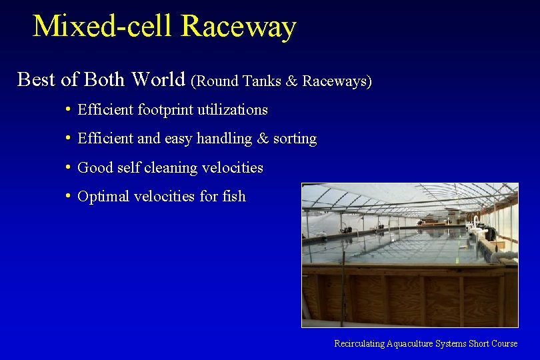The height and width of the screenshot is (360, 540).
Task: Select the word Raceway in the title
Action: click(238, 27)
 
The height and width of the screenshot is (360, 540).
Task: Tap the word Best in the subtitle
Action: click(36, 79)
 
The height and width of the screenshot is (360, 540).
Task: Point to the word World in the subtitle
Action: click(159, 79)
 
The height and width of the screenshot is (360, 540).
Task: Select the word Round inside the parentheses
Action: click(217, 81)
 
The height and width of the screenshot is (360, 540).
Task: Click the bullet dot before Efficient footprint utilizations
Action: click(69, 109)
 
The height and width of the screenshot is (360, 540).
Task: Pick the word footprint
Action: click(161, 109)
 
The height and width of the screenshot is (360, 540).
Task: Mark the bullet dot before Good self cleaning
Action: click(69, 167)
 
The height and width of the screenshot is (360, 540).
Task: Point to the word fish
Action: click(233, 196)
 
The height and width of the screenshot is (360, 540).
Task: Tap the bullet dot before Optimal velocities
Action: click(69, 195)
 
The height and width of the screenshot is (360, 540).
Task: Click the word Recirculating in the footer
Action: click(359, 343)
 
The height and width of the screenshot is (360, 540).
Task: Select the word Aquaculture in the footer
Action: click(409, 343)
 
